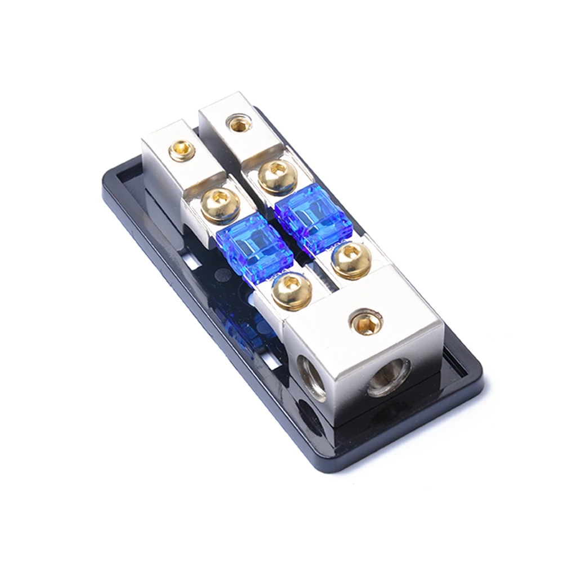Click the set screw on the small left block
coord(182,150)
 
